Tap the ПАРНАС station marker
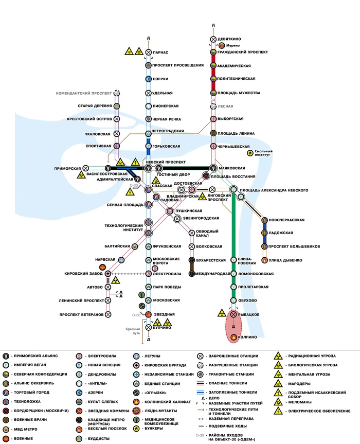(x=149, y=52)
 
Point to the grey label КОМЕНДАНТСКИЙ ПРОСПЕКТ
(x=84, y=93)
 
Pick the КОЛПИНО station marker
(x=233, y=337)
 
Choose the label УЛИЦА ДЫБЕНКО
(x=286, y=260)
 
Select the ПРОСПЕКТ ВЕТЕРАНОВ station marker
(x=108, y=314)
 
